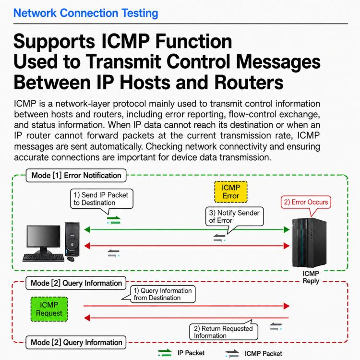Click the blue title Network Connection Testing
[85, 13]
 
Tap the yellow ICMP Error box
[231, 192]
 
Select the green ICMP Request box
[49, 309]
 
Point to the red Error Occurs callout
[306, 202]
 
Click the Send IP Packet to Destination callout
[101, 199]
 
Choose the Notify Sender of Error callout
[234, 216]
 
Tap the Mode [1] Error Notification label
[76, 175]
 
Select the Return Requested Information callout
[223, 332]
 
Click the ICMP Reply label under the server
[311, 277]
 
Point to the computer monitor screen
[43, 236]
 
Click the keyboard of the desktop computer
[43, 258]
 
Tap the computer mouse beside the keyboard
[71, 259]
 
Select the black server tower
[309, 243]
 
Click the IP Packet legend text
[191, 353]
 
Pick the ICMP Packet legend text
[264, 354]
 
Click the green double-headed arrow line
[187, 229]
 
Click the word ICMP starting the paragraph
[25, 104]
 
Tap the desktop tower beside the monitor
[72, 239]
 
